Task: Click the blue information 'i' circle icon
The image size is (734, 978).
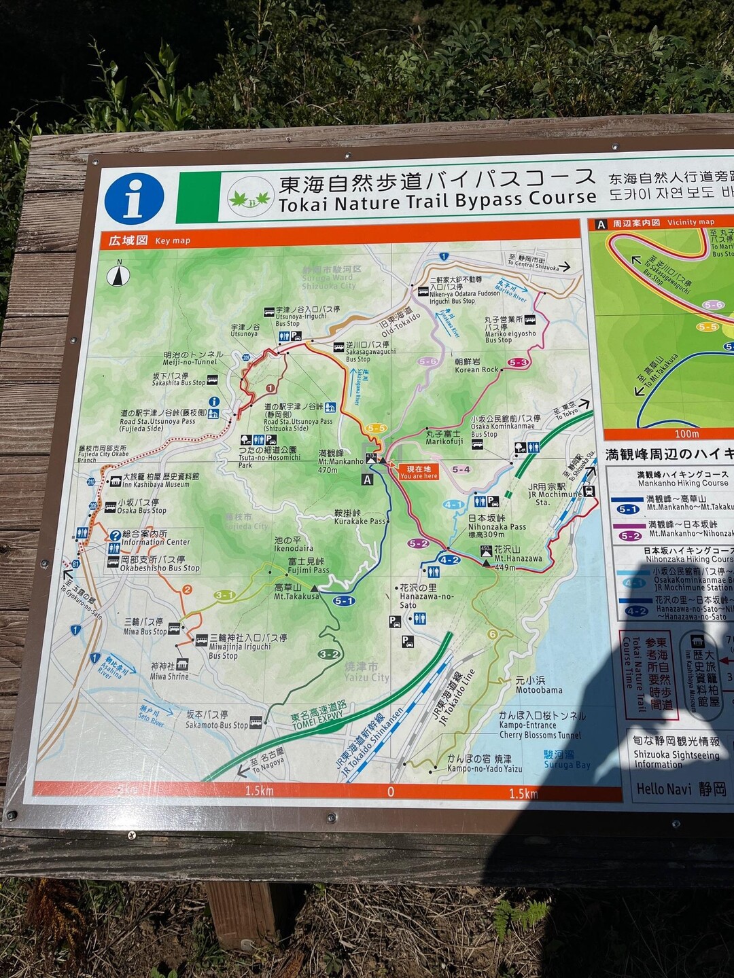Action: [134, 198]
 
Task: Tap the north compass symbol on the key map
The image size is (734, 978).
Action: [118, 275]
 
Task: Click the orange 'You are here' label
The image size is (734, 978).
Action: [418, 472]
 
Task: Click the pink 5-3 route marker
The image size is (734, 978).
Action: [518, 363]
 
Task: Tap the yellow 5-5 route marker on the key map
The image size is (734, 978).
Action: [376, 429]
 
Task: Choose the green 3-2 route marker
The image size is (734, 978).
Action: [329, 654]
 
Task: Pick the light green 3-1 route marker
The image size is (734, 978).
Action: [224, 596]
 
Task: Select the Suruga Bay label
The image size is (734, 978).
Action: [567, 759]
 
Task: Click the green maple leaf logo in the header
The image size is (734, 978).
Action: [250, 198]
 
